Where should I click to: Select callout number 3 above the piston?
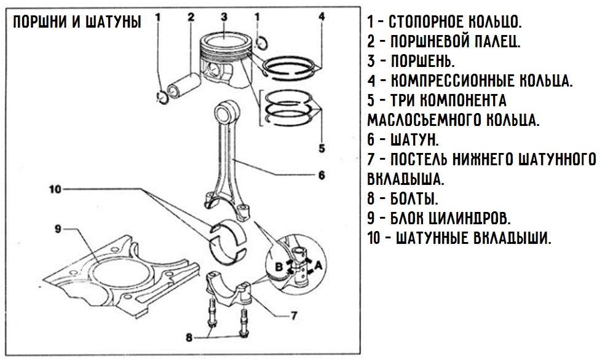coord(224,17)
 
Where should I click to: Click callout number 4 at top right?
coord(321,17)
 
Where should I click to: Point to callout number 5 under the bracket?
coord(321,147)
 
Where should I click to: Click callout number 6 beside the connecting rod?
coord(321,174)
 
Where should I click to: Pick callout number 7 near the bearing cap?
coord(293,317)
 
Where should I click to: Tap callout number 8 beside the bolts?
coord(189,337)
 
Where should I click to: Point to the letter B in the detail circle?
coord(279,267)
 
